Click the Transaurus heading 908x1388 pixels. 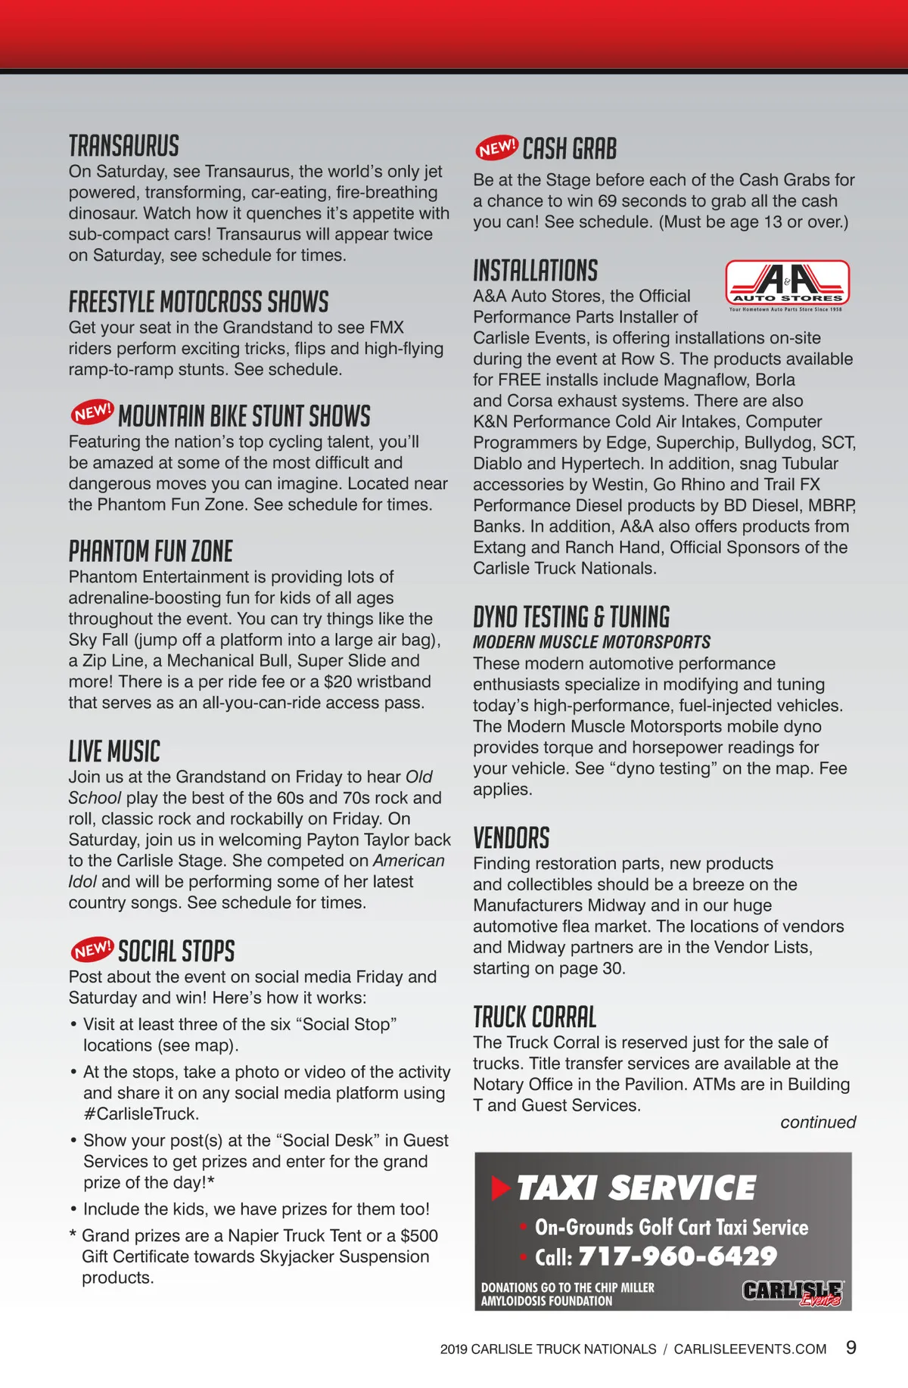pos(124,146)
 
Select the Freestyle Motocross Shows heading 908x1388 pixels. pos(198,302)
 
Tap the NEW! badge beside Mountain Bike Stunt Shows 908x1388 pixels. pos(92,412)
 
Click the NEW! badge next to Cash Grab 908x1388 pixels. pos(496,147)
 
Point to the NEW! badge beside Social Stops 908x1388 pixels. pos(92,949)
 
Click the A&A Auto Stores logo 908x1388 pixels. pos(787,284)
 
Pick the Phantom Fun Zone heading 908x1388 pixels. pos(151,551)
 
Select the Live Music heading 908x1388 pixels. pos(114,752)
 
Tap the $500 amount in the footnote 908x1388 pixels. pos(419,1235)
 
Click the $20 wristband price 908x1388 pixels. pos(337,682)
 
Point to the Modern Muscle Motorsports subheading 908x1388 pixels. pos(591,642)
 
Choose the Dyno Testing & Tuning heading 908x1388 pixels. pos(571,617)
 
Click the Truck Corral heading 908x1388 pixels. pos(534,1017)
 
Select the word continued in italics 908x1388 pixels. pos(818,1122)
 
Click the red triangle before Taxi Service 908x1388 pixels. pos(501,1188)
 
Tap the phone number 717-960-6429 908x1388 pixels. pos(677,1256)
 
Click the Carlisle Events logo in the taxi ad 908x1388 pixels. pos(792,1293)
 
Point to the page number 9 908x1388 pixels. pos(851,1347)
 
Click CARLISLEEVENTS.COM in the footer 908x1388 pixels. pos(750,1349)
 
